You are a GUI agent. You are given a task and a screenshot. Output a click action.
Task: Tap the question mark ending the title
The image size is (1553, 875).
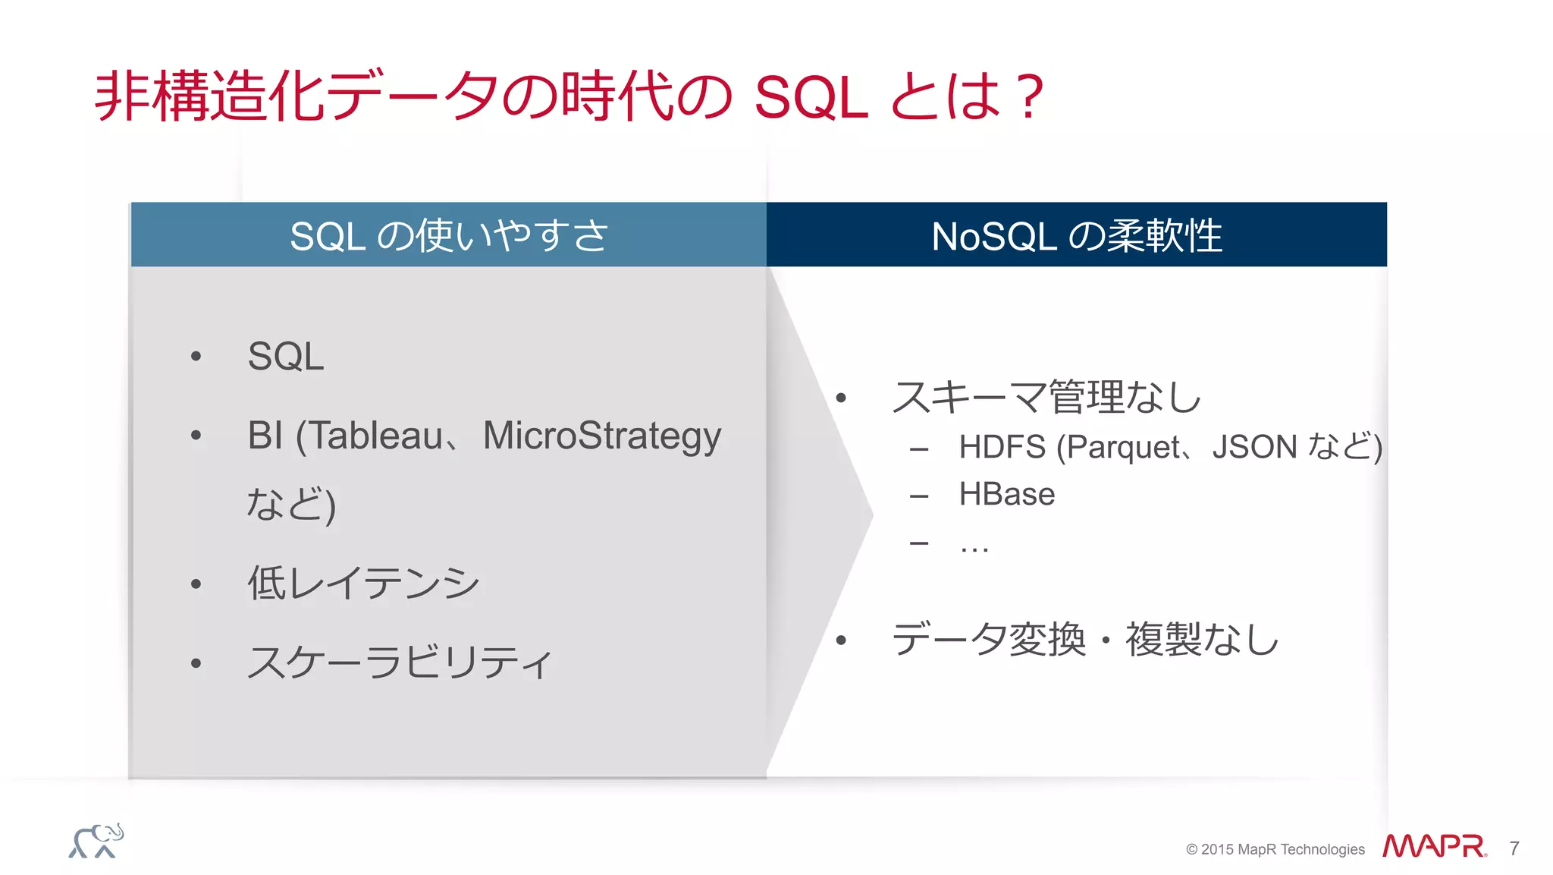(x=1031, y=97)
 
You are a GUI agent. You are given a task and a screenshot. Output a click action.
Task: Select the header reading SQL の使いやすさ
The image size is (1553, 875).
(x=449, y=235)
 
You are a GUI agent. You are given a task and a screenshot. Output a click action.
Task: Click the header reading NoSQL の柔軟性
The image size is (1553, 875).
(x=1076, y=235)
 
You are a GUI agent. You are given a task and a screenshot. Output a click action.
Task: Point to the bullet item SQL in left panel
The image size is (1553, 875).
(x=286, y=356)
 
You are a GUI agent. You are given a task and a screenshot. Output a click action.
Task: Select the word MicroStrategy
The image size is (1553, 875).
(x=602, y=436)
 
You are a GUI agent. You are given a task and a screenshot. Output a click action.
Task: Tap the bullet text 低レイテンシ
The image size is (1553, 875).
(x=363, y=583)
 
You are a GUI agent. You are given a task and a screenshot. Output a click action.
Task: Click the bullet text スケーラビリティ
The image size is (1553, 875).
(x=400, y=662)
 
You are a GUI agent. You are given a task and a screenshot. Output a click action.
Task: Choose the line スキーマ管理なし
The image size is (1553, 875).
(x=1046, y=397)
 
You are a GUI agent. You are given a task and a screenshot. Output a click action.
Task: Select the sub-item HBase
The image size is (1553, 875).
(x=1006, y=494)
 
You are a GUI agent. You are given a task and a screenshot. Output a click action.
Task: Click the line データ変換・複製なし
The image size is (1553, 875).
(x=1085, y=639)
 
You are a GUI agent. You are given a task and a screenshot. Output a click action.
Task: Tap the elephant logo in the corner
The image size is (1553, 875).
(x=96, y=841)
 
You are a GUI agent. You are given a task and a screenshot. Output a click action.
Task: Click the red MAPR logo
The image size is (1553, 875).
(x=1433, y=847)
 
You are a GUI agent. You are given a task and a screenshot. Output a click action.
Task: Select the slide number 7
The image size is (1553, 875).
(x=1514, y=848)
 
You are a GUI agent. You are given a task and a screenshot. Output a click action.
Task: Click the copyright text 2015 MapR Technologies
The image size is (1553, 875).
(x=1282, y=849)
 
